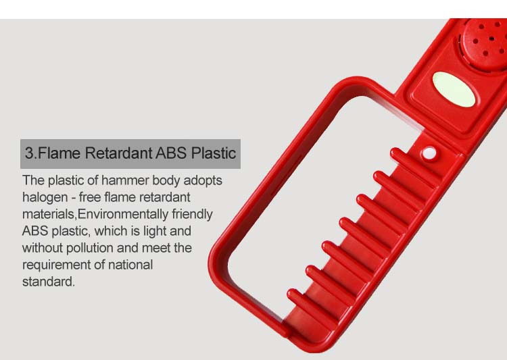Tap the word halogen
tap(45, 197)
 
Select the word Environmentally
tap(123, 214)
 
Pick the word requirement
tap(55, 265)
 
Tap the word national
tap(130, 265)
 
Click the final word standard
tap(49, 282)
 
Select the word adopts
tap(203, 180)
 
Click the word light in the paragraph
tap(155, 232)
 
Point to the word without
tap(43, 248)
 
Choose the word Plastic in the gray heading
tap(214, 153)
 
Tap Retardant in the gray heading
tap(119, 153)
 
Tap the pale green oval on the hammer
tap(454, 90)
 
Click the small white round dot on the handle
tap(429, 153)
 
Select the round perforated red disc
tap(484, 41)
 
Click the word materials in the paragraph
tap(49, 214)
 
